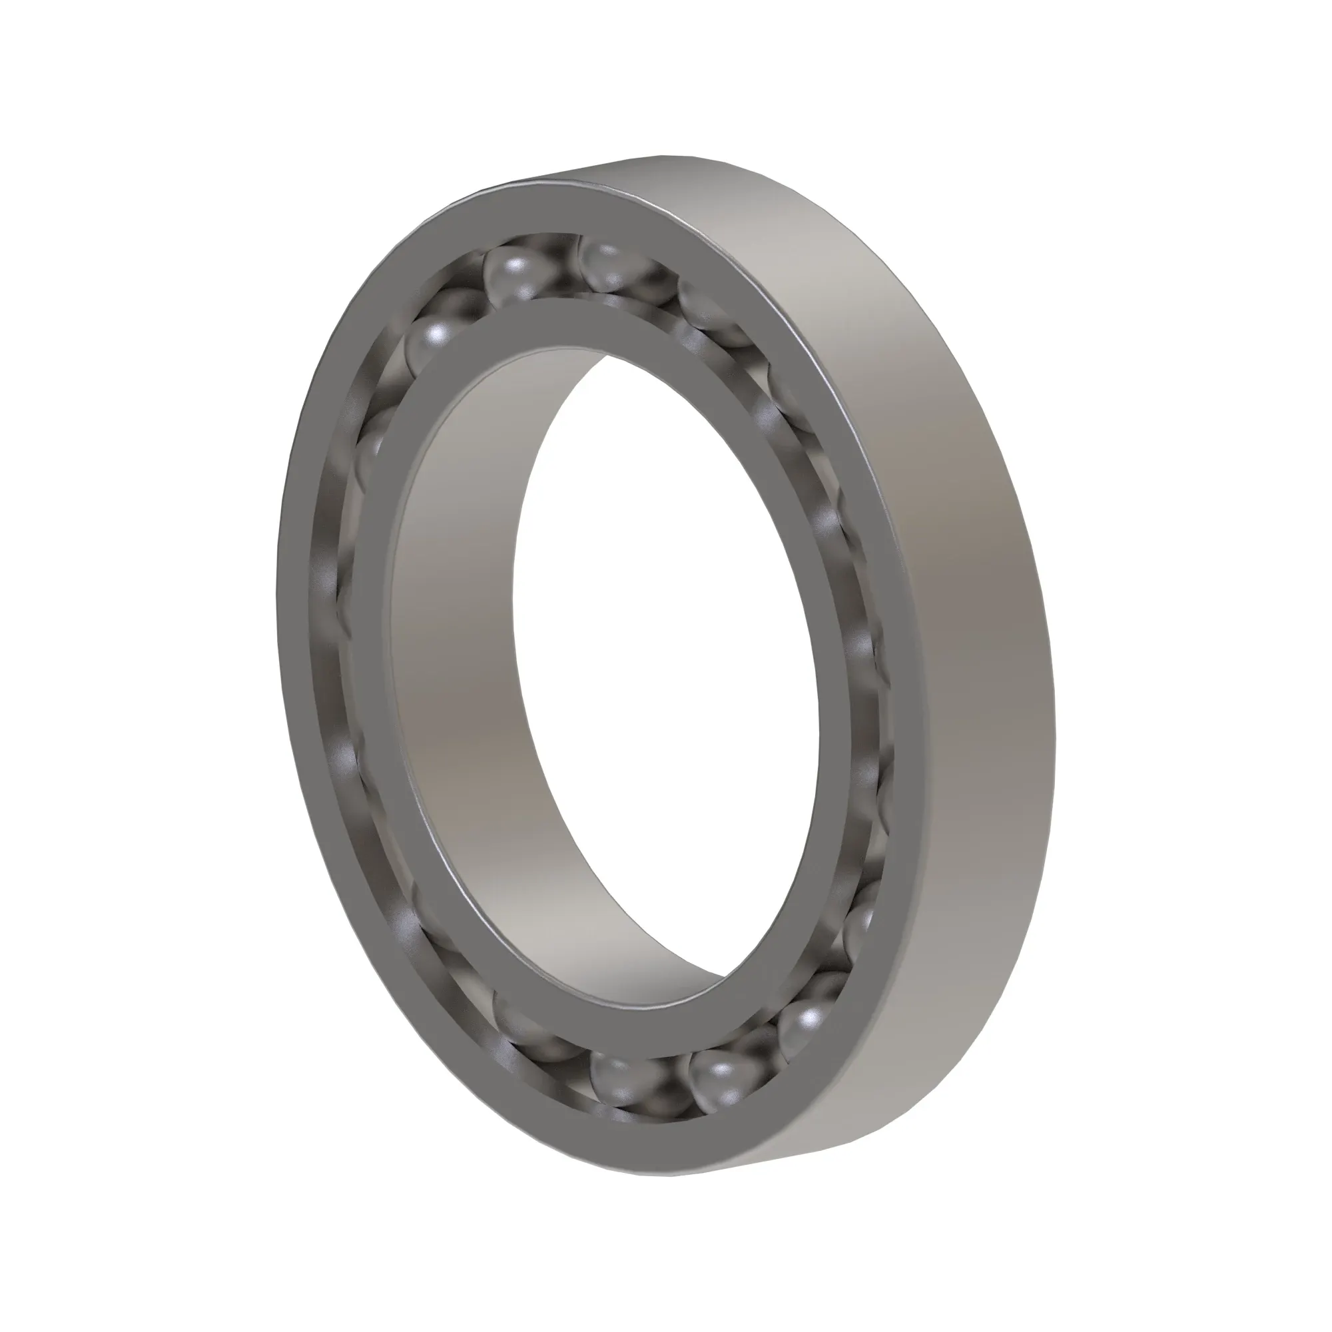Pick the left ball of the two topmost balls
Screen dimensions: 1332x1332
(x=513, y=272)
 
